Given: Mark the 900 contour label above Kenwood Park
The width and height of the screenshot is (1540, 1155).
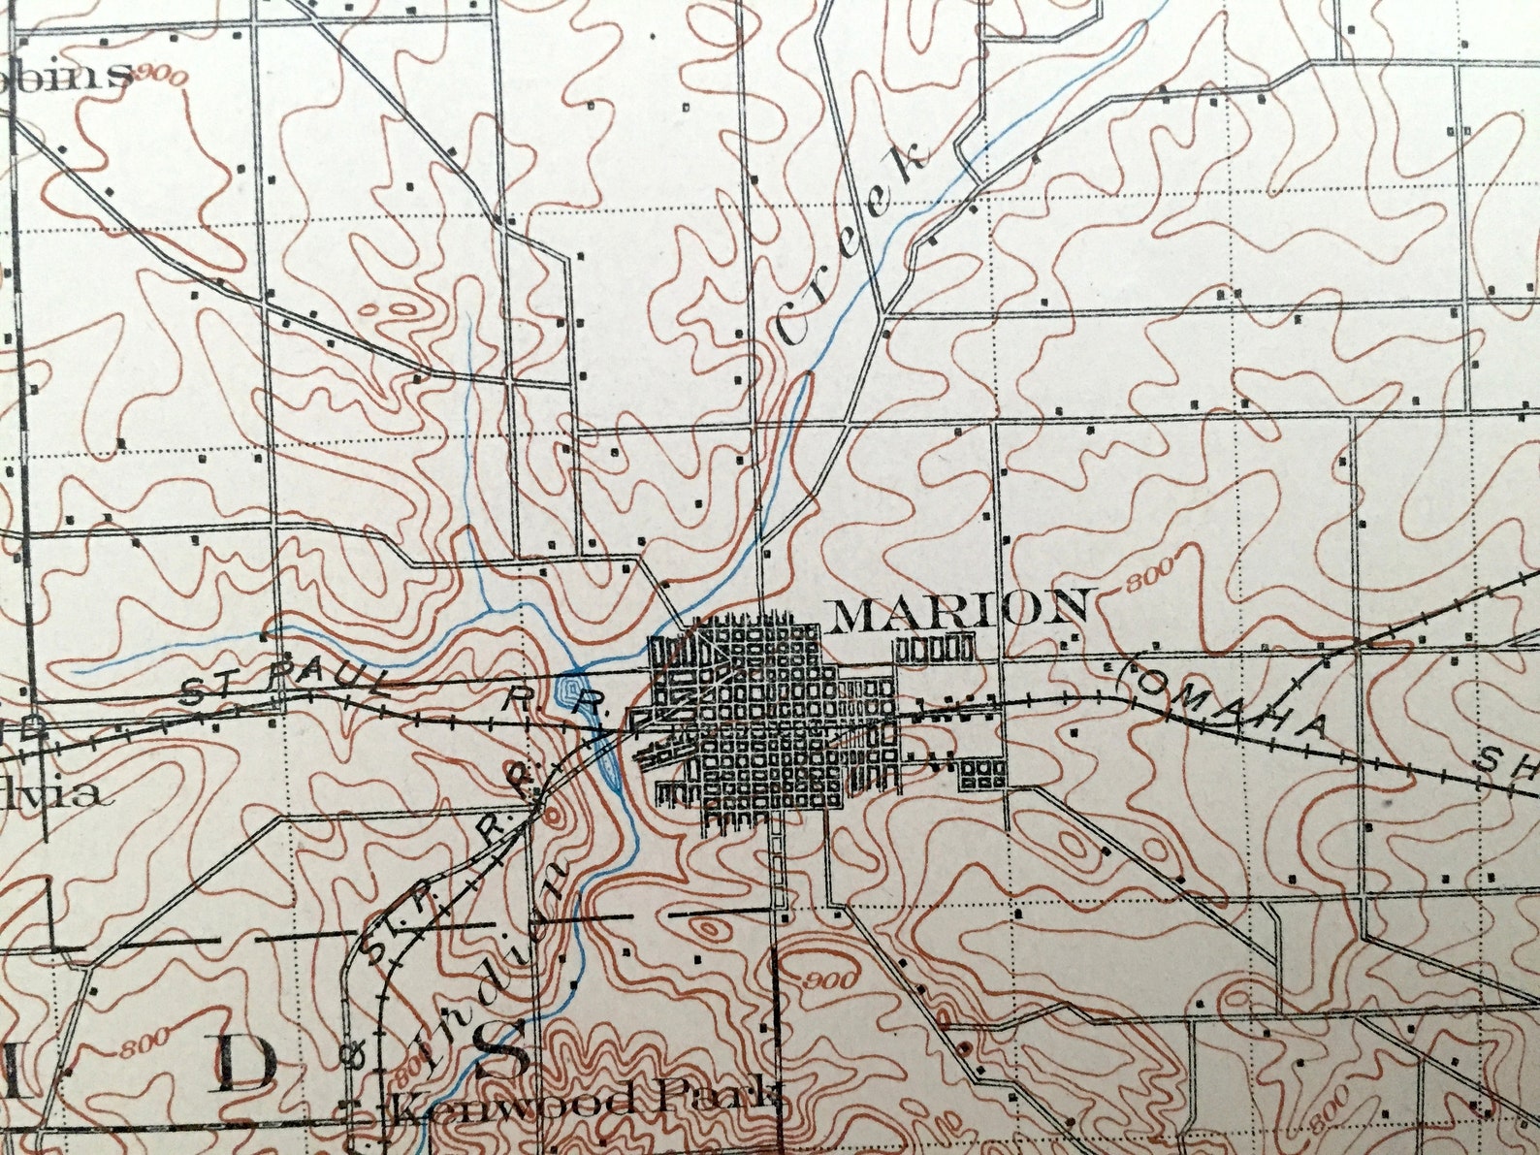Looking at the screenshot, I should point(830,979).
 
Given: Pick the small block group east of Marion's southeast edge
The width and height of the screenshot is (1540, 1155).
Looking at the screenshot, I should point(981,773).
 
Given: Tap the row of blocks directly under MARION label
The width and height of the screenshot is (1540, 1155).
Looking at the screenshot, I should point(935,647).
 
